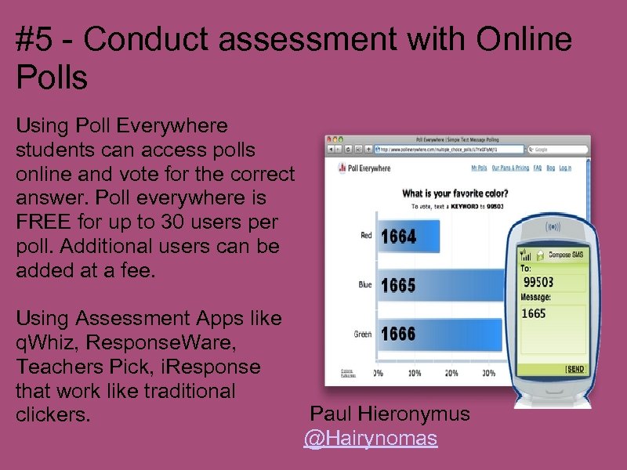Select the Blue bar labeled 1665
439,285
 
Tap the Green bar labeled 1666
439,334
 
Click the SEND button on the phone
575,368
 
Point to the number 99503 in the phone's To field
539,281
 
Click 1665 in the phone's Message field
534,313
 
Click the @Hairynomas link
371,438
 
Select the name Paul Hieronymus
390,414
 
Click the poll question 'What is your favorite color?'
455,193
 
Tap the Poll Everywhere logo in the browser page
364,168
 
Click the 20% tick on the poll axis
451,373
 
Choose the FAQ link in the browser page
537,168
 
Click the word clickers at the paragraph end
53,414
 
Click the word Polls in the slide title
51,78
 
